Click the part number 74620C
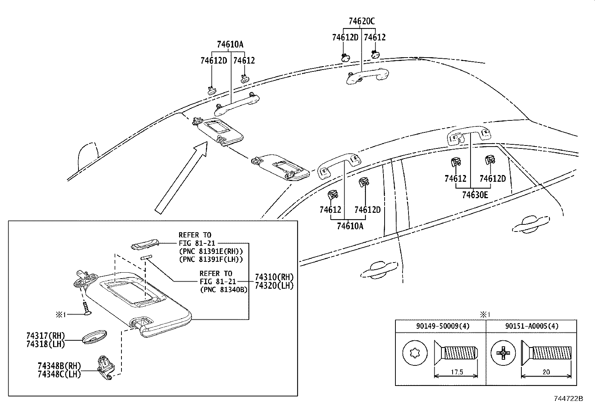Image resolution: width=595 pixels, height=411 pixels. click(x=361, y=21)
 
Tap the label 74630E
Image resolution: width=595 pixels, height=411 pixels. click(x=475, y=195)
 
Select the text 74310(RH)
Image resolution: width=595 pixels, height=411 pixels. click(x=274, y=277)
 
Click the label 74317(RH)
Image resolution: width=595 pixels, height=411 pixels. click(x=46, y=336)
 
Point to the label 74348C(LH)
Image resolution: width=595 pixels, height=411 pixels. click(x=59, y=374)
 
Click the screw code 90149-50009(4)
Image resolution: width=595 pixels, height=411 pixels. click(x=443, y=326)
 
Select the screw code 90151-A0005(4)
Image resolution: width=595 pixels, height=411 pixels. click(x=532, y=326)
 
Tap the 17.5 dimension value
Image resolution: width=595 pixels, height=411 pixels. click(x=457, y=372)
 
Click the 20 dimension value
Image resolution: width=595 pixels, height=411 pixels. click(x=546, y=372)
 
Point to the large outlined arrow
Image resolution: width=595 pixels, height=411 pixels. click(x=181, y=178)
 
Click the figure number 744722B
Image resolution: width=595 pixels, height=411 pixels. click(x=568, y=399)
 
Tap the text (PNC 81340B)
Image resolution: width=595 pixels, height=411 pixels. click(x=223, y=289)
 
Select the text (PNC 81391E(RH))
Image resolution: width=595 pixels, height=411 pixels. click(x=211, y=251)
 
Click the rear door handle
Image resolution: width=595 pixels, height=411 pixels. click(x=531, y=224)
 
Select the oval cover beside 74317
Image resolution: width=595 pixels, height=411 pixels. click(x=94, y=337)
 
